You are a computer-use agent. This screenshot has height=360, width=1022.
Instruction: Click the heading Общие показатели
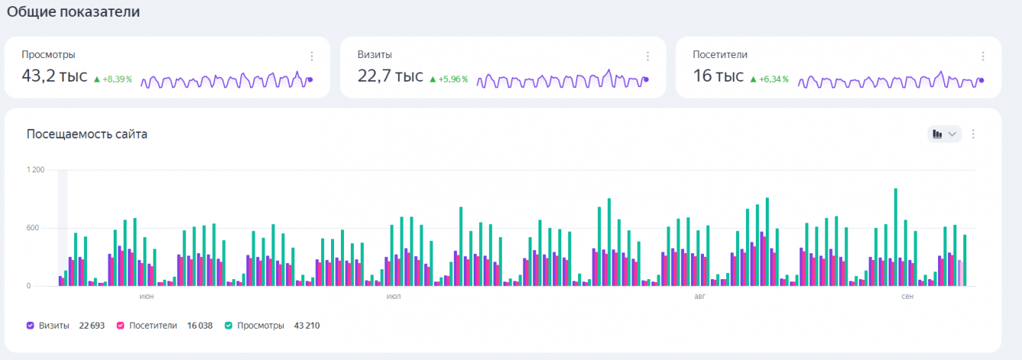(73, 12)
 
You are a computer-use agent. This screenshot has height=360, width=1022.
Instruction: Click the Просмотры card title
(48, 55)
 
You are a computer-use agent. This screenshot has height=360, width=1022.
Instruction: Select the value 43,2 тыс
(54, 76)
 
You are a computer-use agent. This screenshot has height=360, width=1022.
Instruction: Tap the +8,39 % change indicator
(113, 79)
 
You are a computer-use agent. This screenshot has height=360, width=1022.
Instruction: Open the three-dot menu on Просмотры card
(312, 56)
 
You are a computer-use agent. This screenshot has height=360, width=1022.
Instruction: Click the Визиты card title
(375, 55)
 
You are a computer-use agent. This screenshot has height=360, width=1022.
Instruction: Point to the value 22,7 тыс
(390, 76)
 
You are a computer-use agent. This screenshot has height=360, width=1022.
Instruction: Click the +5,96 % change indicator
(448, 79)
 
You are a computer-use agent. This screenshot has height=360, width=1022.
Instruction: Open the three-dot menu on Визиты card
(648, 56)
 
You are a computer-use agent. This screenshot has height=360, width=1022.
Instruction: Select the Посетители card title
(720, 55)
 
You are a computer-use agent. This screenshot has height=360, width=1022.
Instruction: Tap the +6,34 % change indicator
(770, 79)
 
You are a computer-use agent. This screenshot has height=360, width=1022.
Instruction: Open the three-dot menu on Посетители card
(983, 56)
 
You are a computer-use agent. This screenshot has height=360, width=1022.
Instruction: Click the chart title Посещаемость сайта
(87, 134)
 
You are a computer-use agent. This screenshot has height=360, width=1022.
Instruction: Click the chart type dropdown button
(944, 134)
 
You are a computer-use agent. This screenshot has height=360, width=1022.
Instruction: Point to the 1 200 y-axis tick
(35, 170)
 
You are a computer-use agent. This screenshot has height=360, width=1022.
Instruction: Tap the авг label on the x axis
(700, 296)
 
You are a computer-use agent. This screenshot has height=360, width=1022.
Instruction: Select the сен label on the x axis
(908, 296)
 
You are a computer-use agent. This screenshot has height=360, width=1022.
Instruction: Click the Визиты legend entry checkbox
(31, 326)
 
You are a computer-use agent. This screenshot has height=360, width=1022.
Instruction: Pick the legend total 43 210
(307, 326)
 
